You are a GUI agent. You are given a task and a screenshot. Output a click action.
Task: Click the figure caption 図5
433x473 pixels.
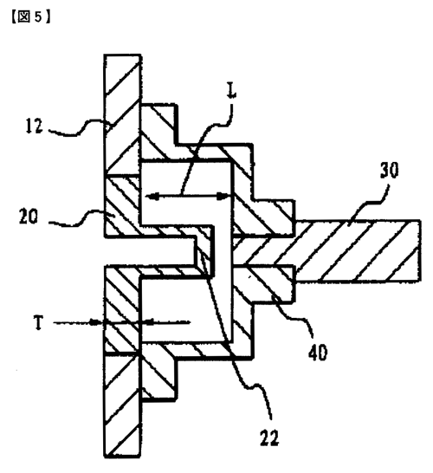[x=30, y=17]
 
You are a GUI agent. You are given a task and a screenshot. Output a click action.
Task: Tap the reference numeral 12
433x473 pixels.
[x=34, y=126]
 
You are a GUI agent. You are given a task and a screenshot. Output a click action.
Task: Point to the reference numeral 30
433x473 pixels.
[x=389, y=171]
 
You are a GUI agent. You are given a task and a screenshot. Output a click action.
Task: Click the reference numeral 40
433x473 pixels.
[x=318, y=353]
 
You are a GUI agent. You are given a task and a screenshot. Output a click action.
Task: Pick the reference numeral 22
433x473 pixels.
[x=269, y=437]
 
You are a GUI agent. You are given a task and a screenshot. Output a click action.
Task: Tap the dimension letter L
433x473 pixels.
[x=231, y=90]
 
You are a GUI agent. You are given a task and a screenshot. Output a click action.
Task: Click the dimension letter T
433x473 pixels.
[x=39, y=323]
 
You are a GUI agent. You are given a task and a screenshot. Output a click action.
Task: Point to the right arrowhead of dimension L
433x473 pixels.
[x=223, y=197]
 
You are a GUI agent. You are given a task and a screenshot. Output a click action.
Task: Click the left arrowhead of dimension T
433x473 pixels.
[x=96, y=323]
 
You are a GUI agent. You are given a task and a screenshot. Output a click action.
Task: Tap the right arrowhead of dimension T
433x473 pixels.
[x=147, y=322]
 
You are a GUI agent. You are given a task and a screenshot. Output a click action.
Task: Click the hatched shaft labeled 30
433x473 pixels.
[x=356, y=251]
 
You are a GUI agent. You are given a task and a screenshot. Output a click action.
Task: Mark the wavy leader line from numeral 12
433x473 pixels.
[x=80, y=128]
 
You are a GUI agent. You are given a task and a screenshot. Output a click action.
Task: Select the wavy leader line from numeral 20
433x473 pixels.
[x=80, y=217]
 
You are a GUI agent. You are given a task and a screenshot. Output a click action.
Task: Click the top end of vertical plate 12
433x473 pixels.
[x=122, y=55]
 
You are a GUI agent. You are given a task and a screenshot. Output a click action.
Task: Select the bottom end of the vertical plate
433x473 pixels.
[x=122, y=456]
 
